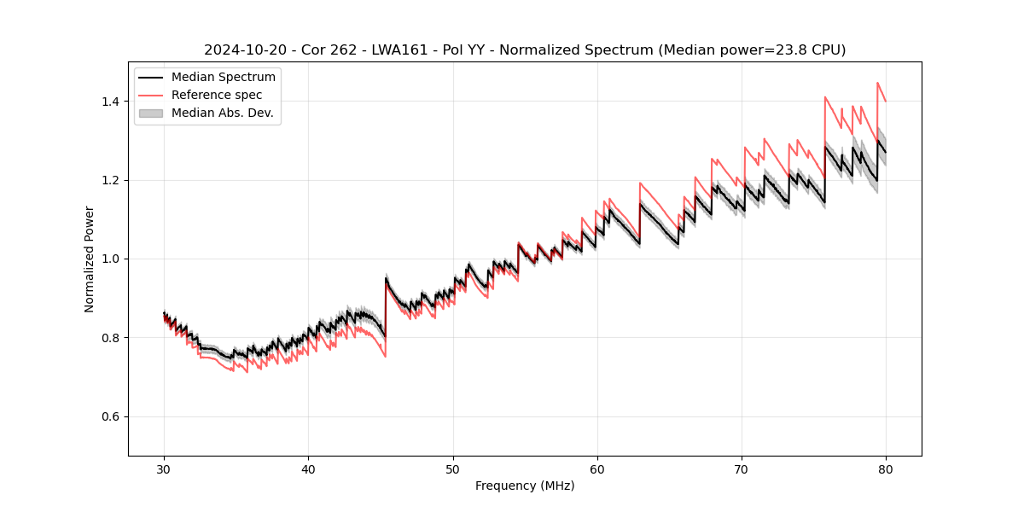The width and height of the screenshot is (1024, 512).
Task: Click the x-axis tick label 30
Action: (x=164, y=468)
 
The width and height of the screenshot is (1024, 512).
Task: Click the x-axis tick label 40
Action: (x=308, y=468)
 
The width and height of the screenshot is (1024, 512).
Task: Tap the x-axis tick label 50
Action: (x=452, y=468)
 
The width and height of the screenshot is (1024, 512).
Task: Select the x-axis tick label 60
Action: (x=597, y=468)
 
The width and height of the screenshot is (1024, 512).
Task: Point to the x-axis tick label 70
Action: (x=742, y=468)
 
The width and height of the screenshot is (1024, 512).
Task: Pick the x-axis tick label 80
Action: (x=886, y=468)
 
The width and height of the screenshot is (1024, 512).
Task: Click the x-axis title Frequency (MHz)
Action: (x=525, y=486)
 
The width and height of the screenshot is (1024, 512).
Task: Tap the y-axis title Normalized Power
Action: (x=90, y=259)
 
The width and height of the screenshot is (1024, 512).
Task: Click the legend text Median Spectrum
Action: (x=224, y=78)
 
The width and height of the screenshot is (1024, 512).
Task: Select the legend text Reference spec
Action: (x=217, y=95)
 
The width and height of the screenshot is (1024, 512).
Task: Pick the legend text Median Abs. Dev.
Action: (x=222, y=113)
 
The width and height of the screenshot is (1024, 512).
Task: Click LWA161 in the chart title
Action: (x=399, y=50)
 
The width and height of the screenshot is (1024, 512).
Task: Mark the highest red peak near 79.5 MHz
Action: (x=877, y=83)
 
